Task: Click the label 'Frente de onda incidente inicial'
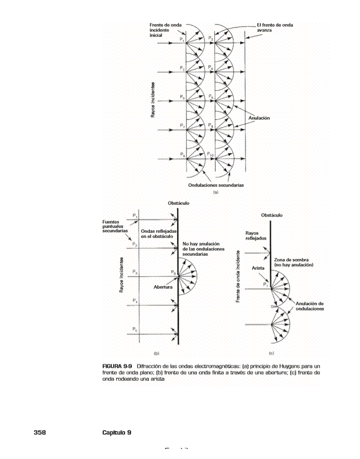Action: (162, 30)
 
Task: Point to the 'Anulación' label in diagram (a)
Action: (259, 118)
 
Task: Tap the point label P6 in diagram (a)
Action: (211, 97)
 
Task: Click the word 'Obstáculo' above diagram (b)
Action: (178, 203)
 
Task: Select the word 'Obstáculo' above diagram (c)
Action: (272, 215)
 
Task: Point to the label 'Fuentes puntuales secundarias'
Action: (115, 226)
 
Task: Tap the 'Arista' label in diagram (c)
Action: (258, 268)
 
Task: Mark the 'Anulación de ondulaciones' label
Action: (309, 306)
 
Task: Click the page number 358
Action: (39, 432)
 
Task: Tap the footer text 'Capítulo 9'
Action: (117, 432)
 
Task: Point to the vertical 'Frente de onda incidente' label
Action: (237, 276)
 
